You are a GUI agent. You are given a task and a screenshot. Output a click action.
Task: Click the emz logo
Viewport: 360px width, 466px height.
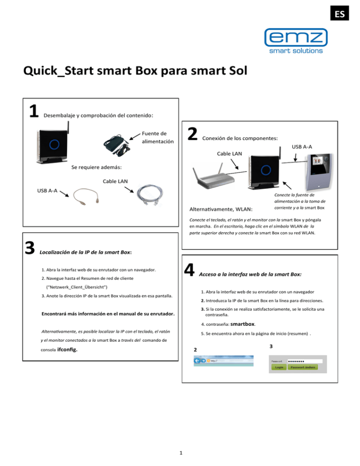click(x=295, y=37)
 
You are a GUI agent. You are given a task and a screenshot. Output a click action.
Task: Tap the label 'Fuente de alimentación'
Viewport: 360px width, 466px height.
click(x=157, y=137)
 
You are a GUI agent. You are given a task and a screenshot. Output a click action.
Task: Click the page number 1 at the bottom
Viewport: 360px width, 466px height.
click(x=180, y=452)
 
